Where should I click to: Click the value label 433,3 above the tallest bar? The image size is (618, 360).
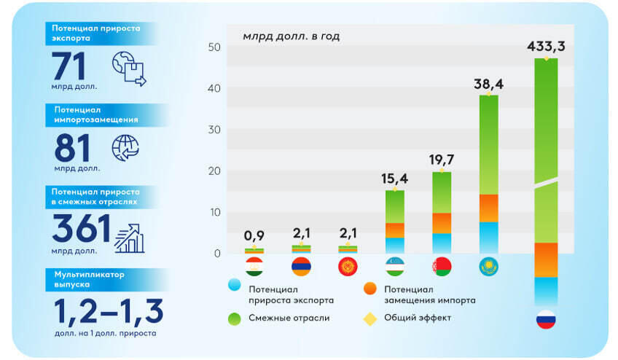click(546, 47)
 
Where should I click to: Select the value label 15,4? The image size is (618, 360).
click(394, 179)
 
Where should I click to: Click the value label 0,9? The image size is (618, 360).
click(254, 236)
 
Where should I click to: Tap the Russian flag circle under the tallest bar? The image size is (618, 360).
click(546, 318)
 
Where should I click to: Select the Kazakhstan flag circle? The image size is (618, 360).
click(488, 267)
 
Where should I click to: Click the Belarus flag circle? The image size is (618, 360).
click(442, 267)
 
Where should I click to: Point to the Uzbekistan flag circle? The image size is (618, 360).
click(394, 267)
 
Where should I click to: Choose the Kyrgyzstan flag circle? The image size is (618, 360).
click(348, 267)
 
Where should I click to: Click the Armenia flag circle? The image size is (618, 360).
click(301, 267)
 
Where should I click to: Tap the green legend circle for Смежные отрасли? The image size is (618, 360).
click(234, 318)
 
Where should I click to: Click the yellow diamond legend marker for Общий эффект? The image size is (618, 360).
click(369, 318)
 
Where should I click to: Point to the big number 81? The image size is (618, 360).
click(72, 148)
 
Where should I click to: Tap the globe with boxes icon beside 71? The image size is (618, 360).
click(128, 69)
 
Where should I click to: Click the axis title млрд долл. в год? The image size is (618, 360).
click(291, 36)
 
